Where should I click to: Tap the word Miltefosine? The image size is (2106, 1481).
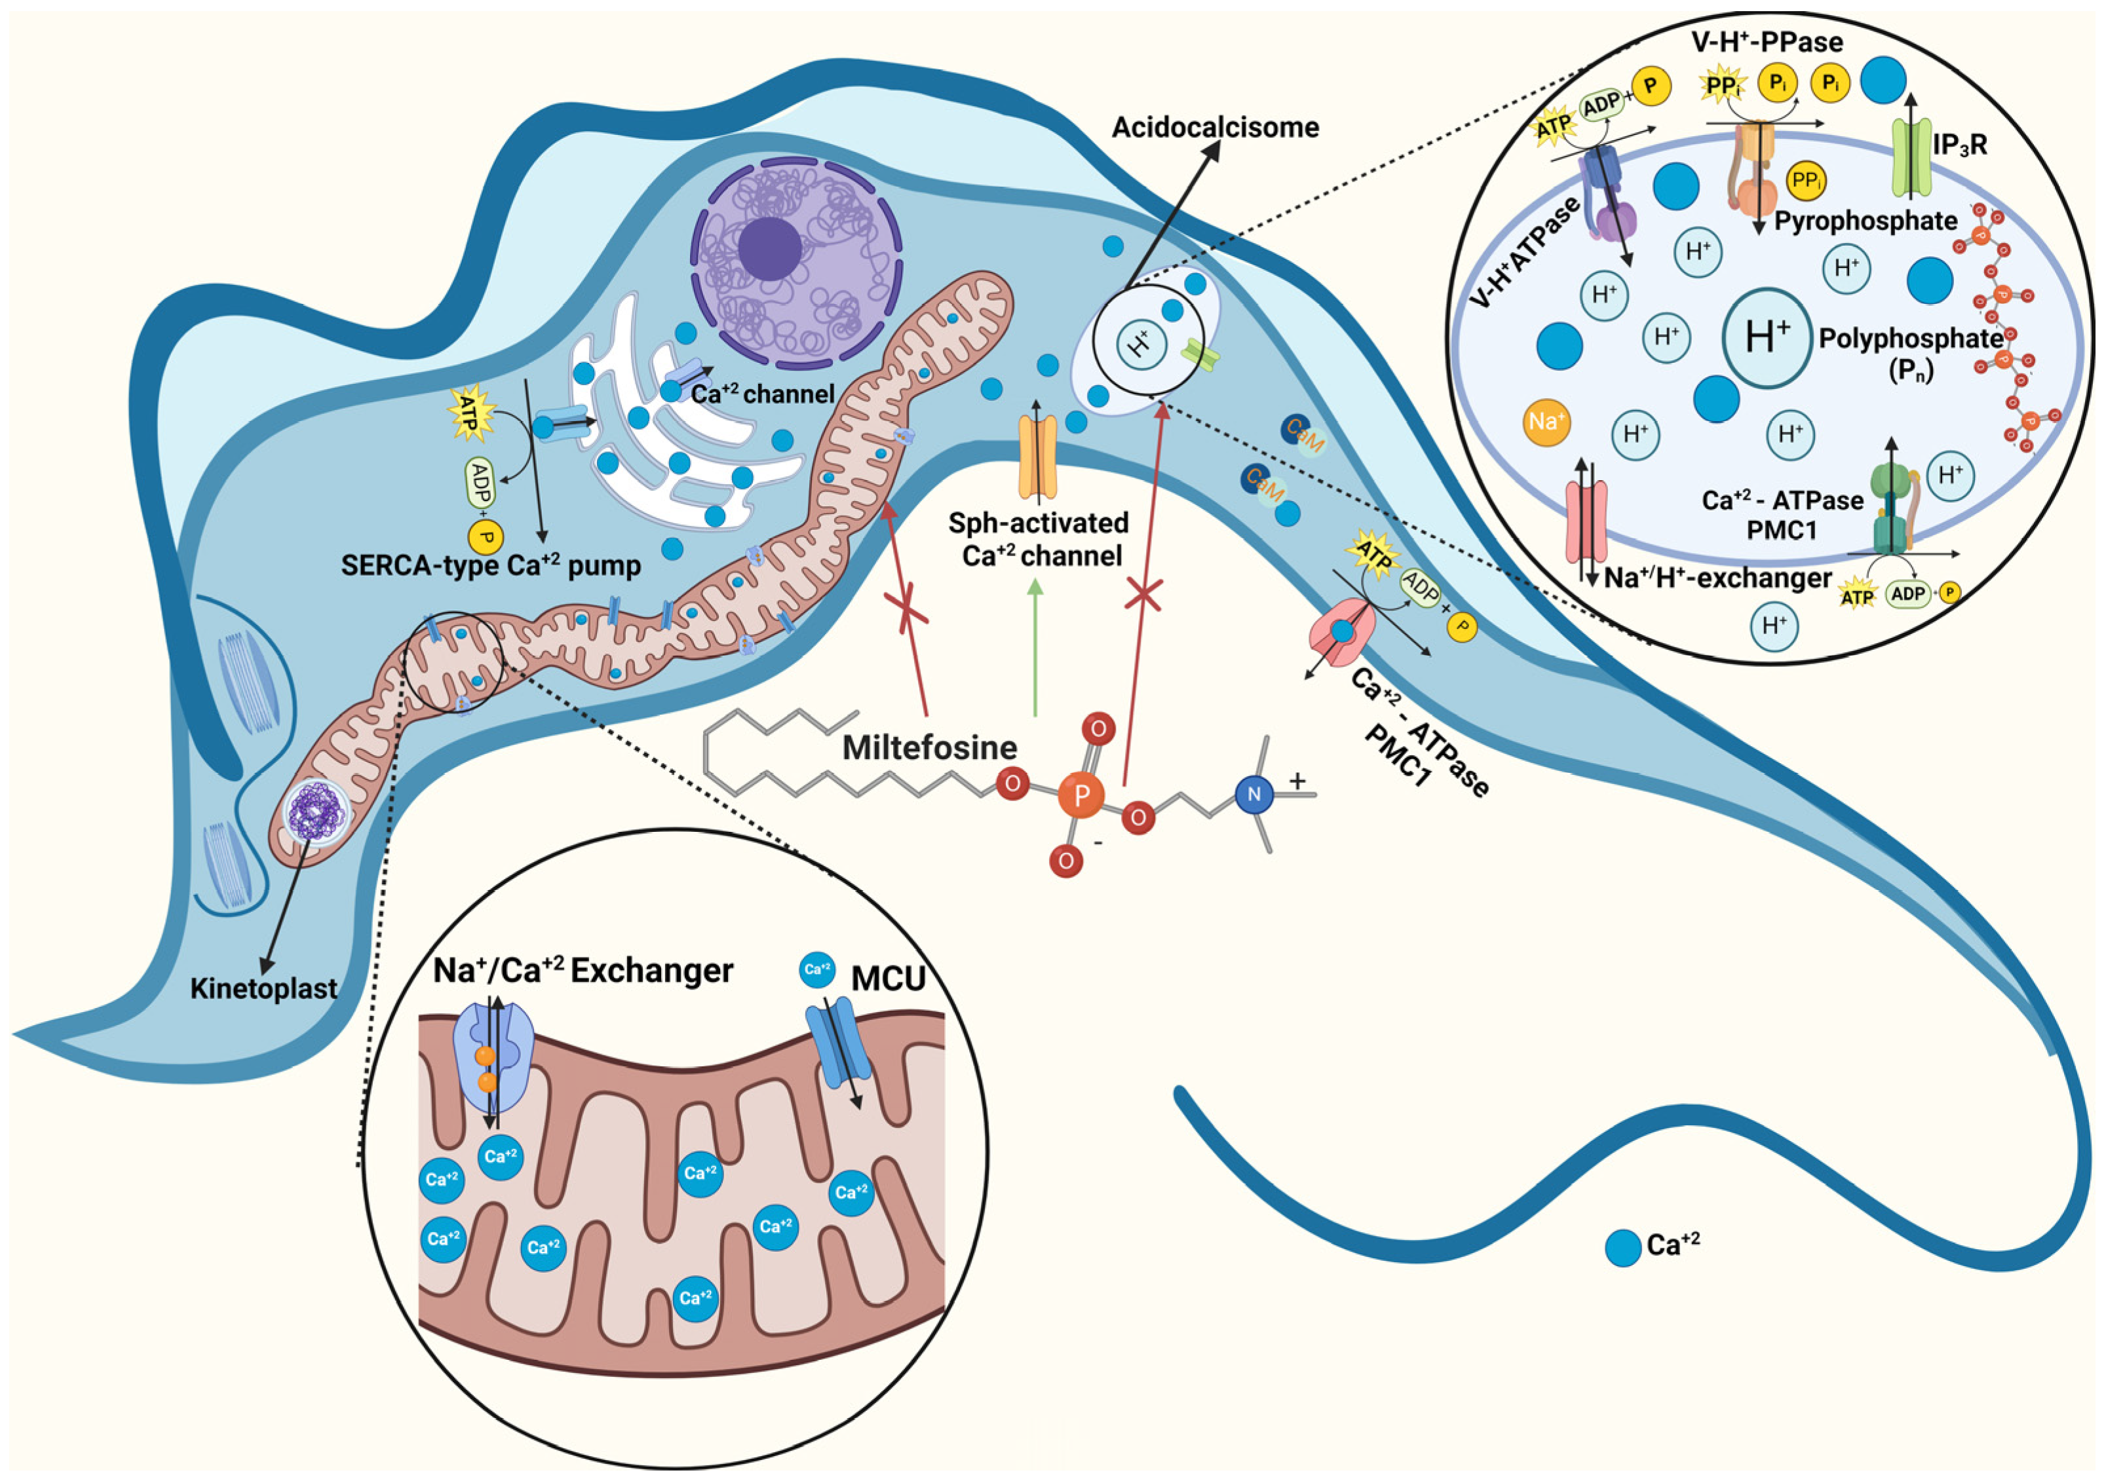[x=929, y=747]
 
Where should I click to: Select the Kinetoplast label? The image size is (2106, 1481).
[x=263, y=988]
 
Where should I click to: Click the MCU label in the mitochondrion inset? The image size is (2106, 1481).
[x=887, y=979]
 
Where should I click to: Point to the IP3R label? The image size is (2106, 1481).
[x=1959, y=145]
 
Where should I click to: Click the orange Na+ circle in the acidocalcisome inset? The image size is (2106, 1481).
[x=1546, y=422]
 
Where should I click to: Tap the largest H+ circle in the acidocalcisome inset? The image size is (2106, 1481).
[x=1766, y=337]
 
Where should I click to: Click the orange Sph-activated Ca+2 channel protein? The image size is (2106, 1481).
[x=1037, y=456]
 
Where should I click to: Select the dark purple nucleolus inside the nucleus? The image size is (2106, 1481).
[x=769, y=248]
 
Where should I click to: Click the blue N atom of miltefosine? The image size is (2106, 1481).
[x=1254, y=794]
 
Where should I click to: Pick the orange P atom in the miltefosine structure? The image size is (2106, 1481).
[x=1081, y=795]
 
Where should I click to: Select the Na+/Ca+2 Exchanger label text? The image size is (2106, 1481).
[x=583, y=970]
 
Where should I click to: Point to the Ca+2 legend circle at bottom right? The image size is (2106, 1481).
[x=1622, y=1248]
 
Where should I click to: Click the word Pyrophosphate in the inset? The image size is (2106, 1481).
[x=1866, y=221]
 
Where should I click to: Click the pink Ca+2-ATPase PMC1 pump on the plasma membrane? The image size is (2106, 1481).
[x=1342, y=631]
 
